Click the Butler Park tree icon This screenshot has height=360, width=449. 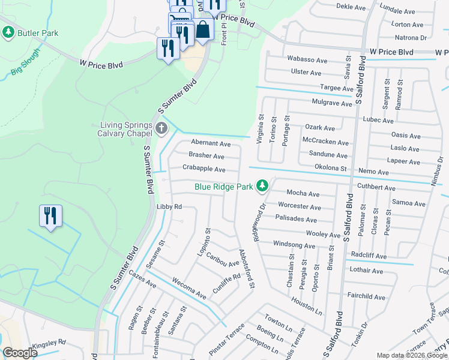8,33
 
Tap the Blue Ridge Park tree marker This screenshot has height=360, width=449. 262,187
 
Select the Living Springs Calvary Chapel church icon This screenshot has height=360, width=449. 161,128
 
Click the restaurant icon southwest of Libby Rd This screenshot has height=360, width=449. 50,215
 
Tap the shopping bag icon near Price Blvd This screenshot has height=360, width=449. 203,31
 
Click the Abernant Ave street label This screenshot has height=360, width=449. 211,144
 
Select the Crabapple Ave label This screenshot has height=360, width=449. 204,170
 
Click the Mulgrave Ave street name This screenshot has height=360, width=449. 331,103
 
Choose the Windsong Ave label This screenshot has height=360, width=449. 294,245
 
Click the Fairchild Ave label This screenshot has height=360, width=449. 366,296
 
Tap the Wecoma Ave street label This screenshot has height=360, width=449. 188,289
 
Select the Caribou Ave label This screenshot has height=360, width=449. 222,260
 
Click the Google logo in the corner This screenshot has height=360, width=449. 20,353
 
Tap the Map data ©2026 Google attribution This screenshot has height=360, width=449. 411,355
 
